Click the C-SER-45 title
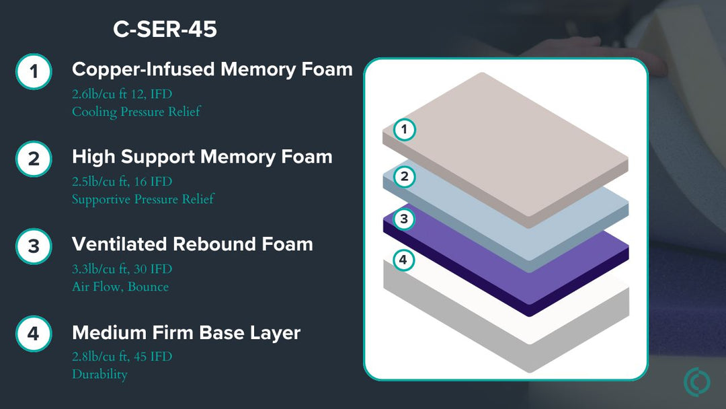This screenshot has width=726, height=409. tap(165, 30)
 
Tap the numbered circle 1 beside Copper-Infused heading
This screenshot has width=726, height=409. tap(34, 71)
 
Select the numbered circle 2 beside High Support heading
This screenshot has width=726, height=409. tap(34, 159)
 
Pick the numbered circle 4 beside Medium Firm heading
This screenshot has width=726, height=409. tap(34, 334)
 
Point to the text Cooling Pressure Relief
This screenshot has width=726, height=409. tap(136, 112)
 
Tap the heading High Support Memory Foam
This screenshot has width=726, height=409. tap(202, 157)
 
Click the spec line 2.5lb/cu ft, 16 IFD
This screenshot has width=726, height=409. tap(122, 182)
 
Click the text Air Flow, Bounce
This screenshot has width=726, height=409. tap(120, 287)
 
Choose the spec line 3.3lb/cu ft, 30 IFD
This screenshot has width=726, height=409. tap(122, 269)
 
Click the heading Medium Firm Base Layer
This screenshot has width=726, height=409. tap(186, 332)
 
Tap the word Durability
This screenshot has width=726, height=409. tap(99, 374)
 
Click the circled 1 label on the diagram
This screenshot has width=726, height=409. tap(404, 129)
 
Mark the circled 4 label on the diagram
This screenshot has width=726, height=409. tap(403, 260)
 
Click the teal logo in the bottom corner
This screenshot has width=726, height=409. tap(696, 382)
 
